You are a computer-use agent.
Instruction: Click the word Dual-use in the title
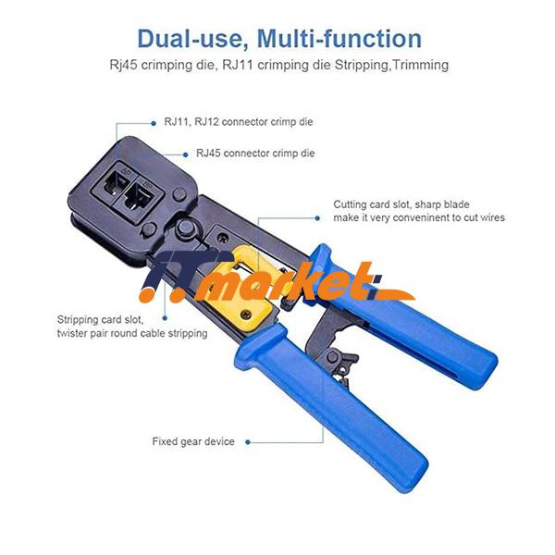[x=191, y=39]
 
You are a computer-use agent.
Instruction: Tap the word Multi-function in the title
[x=339, y=39]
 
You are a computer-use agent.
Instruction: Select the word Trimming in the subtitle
[x=418, y=65]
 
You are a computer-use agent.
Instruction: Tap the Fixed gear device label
[x=193, y=441]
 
